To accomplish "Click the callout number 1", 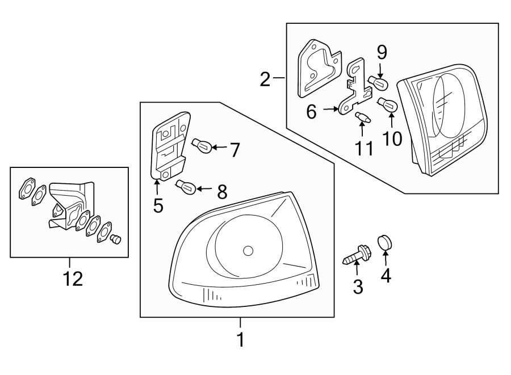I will click(240, 339).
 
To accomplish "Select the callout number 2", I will click(265, 79).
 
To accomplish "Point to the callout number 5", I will click(158, 205).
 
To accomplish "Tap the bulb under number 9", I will click(379, 83).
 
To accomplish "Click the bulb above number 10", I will click(388, 106).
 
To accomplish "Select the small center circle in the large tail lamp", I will click(247, 251).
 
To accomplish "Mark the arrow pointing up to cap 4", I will click(386, 260).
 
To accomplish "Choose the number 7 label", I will click(234, 150).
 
